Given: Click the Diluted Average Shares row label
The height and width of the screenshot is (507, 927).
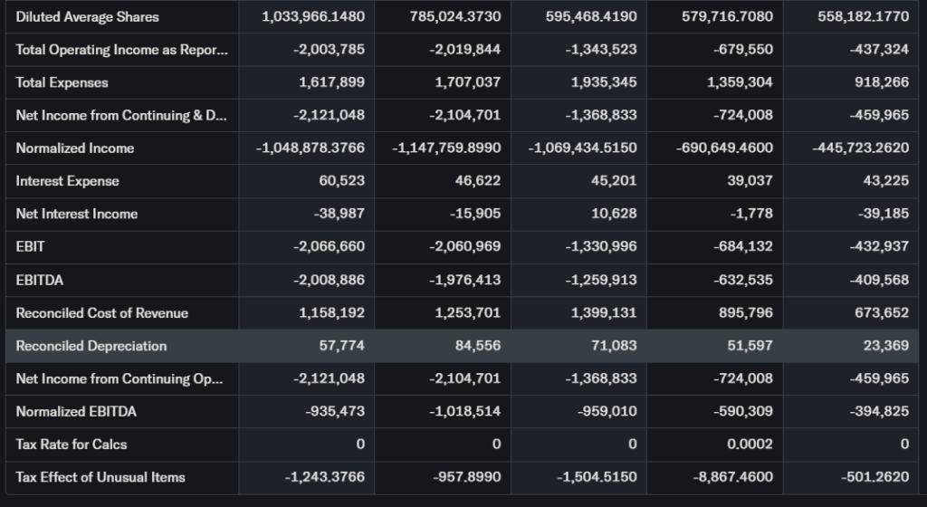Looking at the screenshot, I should coord(87,17).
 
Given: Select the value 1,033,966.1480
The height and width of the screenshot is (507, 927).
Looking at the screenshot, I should coord(312,17).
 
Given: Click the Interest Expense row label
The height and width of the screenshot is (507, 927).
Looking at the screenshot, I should coord(68,181).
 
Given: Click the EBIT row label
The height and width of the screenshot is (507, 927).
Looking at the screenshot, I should coord(31,246).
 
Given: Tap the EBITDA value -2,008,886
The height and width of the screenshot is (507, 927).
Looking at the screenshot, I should coord(329,280).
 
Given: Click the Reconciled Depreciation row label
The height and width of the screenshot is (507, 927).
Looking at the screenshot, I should coord(91,346).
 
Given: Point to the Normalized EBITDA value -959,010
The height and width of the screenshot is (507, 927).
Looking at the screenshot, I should coord(606,412).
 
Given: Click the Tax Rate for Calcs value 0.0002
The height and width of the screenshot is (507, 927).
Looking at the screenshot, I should coord(750,445).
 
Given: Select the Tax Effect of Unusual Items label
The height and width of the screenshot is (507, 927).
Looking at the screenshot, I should coord(100,477).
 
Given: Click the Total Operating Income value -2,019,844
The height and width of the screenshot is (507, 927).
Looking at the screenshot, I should coord(464,50).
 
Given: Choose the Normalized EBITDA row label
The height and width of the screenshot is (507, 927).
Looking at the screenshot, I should coord(76,412).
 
